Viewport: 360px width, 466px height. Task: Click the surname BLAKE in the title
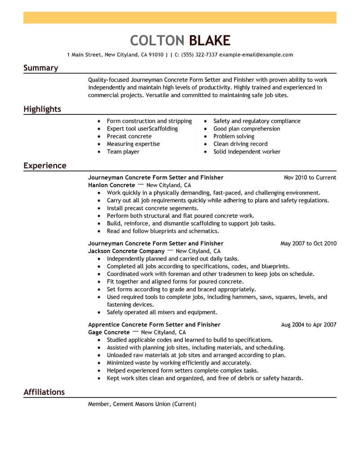tap(210, 40)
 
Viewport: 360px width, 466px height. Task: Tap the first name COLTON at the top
tap(157, 40)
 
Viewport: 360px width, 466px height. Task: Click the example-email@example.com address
tap(256, 55)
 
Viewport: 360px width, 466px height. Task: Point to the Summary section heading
tap(40, 68)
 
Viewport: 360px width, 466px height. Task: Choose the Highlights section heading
tap(42, 109)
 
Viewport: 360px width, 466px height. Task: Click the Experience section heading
tap(45, 166)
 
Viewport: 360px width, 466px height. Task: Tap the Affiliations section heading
tap(44, 392)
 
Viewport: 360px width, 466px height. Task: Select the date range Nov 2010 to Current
tap(310, 177)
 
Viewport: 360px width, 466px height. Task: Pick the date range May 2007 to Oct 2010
tap(308, 244)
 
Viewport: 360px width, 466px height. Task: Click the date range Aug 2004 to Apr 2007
tap(308, 325)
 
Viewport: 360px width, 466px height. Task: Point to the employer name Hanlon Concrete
tap(112, 185)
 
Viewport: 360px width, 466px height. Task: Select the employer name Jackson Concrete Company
tap(126, 251)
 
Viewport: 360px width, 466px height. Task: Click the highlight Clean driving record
tap(240, 144)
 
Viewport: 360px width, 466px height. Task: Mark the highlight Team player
tap(123, 152)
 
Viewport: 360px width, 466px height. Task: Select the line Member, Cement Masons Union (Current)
tap(142, 404)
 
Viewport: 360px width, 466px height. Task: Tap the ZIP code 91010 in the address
tap(156, 55)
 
